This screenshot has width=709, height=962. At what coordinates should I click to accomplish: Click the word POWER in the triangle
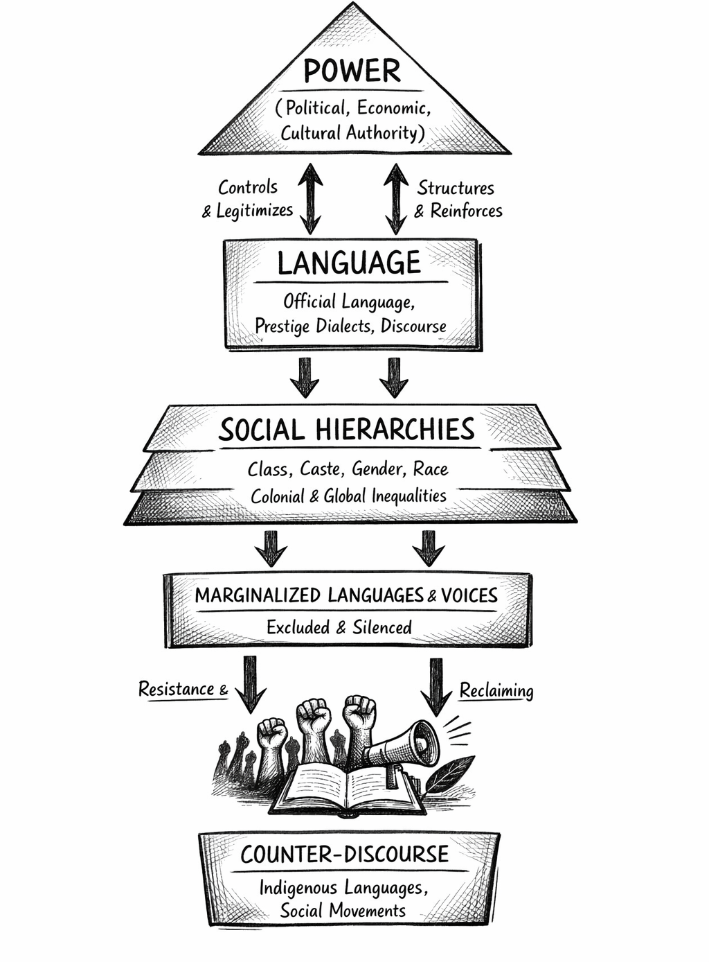tap(352, 71)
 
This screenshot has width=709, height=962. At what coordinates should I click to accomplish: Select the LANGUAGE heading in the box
tap(349, 263)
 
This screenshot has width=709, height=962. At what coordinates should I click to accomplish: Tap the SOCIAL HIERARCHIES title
tap(347, 430)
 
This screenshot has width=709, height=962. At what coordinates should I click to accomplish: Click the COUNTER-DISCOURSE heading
tap(345, 854)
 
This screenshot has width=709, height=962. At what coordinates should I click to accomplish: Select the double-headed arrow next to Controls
tap(310, 198)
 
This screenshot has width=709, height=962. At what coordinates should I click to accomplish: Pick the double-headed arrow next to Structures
tap(395, 198)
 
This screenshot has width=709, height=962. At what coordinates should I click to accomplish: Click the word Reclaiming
tap(496, 691)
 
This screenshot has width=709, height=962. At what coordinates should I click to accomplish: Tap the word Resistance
tap(176, 689)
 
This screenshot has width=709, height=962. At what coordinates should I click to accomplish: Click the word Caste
tap(320, 469)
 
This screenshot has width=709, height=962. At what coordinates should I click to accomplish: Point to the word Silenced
tap(382, 627)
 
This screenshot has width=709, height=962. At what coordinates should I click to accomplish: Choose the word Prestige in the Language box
tap(282, 326)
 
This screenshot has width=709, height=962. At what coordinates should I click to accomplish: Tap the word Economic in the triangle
tap(394, 108)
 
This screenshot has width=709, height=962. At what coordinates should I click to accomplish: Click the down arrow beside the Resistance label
tap(250, 683)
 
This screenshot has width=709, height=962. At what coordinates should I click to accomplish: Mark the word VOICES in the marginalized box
tap(469, 595)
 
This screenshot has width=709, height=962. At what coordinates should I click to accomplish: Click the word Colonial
tap(278, 496)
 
